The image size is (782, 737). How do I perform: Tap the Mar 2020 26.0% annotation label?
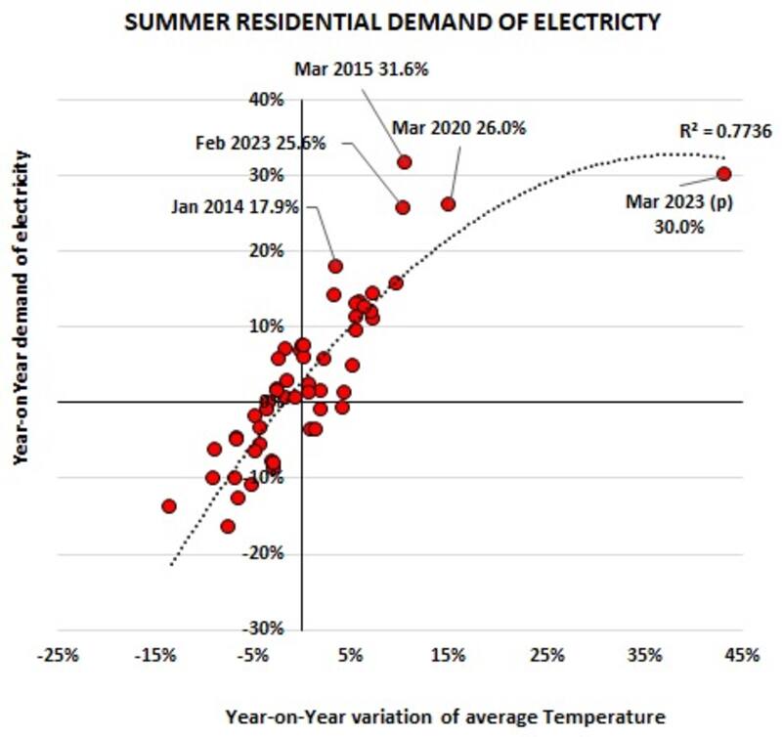tap(459, 128)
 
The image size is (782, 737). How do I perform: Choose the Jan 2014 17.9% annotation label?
tap(239, 207)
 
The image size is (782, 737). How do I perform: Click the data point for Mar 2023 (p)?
tap(724, 173)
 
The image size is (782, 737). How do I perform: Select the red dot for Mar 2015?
tap(404, 161)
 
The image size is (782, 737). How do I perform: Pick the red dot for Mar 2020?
tap(448, 203)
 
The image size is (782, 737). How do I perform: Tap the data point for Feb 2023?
tap(403, 206)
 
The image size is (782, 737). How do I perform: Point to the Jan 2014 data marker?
tap(335, 266)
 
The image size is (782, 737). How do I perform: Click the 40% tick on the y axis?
tap(268, 100)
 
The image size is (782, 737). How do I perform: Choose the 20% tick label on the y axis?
tap(268, 251)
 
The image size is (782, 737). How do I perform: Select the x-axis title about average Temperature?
tap(445, 716)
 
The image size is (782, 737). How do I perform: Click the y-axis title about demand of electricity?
tap(22, 307)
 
